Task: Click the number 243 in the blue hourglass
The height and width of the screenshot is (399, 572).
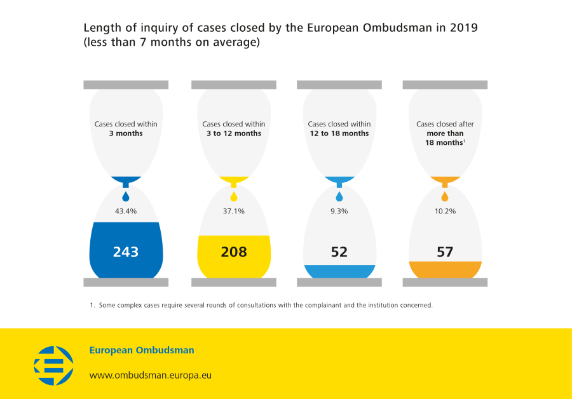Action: [x=126, y=252]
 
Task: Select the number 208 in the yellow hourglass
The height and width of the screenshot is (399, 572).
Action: [x=234, y=252]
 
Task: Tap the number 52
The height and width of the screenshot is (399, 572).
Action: [x=339, y=252]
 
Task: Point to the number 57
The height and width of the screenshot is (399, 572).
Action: [x=445, y=252]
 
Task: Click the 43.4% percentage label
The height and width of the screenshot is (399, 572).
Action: [x=126, y=211]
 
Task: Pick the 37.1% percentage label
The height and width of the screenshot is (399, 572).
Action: [x=234, y=211]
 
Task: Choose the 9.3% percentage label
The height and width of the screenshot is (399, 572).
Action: [x=339, y=211]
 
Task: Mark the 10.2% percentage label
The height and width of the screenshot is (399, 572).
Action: [x=445, y=211]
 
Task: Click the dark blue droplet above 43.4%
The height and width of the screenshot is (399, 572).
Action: [x=126, y=196]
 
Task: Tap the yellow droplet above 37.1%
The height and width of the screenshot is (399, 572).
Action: [x=234, y=196]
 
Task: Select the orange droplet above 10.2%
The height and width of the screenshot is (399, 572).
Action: [x=445, y=196]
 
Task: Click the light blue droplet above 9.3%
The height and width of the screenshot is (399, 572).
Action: [x=339, y=196]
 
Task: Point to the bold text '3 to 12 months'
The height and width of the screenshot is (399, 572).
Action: [x=234, y=134]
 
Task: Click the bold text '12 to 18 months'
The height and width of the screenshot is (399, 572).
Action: [x=339, y=134]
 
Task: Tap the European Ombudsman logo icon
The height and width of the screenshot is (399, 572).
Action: [x=53, y=365]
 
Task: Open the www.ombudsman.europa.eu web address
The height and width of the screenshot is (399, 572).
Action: [x=151, y=375]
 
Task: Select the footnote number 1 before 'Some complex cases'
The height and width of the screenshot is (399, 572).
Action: [x=92, y=306]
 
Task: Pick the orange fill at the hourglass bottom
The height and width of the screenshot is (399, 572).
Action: [x=445, y=270]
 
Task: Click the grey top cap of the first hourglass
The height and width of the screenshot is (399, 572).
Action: [x=126, y=85]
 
